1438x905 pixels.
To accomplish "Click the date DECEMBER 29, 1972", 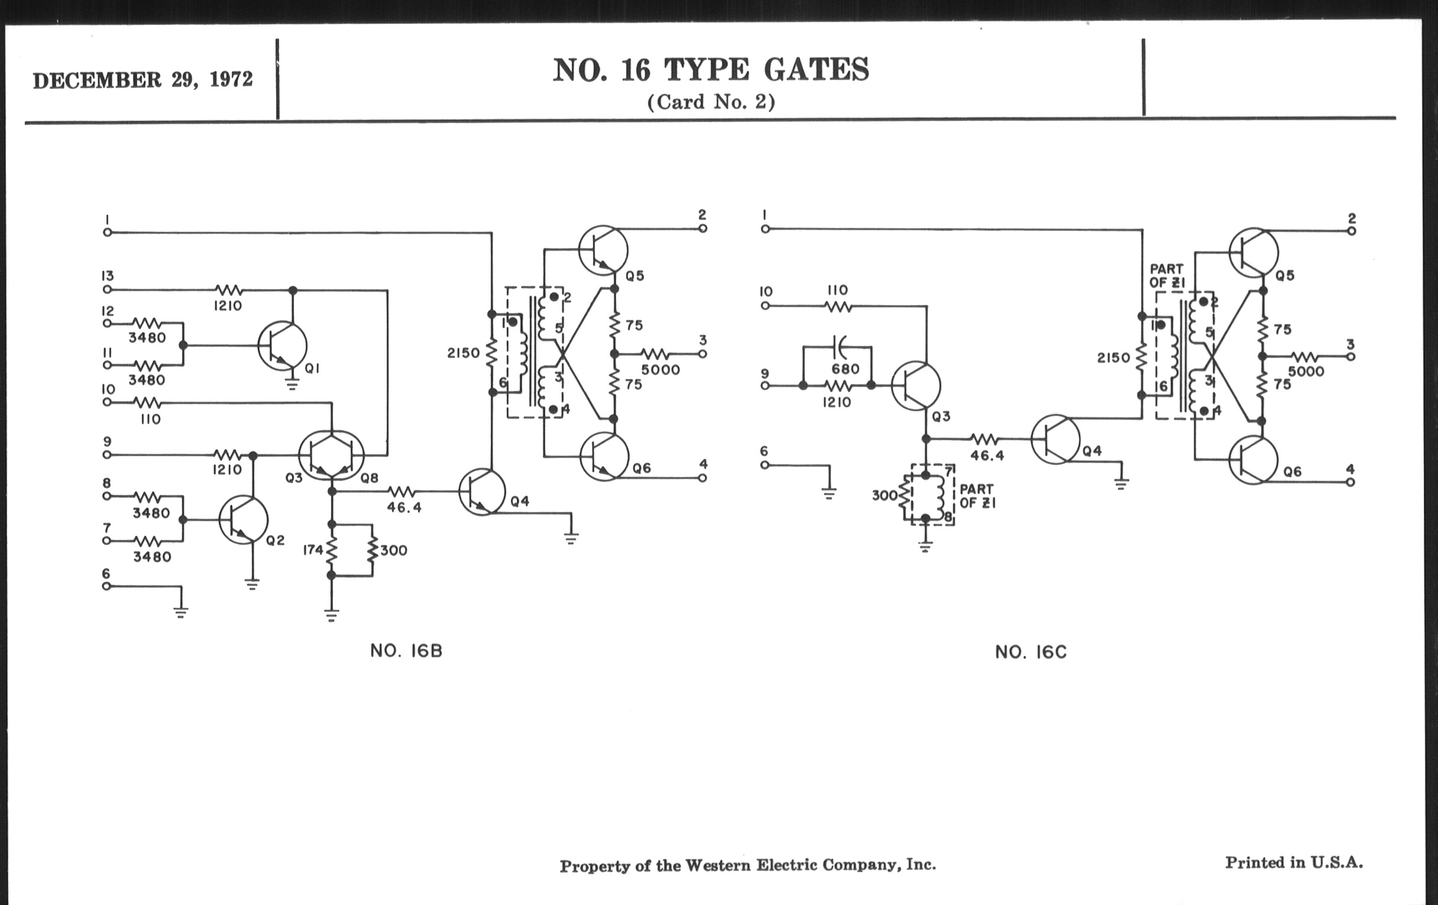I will click(x=142, y=80).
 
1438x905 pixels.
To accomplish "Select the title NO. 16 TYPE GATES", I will click(x=711, y=70).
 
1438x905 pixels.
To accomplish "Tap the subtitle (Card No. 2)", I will click(x=711, y=102).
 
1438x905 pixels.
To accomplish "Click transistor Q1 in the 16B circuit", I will click(x=283, y=346).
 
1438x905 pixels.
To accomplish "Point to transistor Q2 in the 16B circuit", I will click(x=243, y=520).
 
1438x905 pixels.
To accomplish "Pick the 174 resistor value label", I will click(x=313, y=550).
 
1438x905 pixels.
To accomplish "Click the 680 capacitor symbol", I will click(x=841, y=346).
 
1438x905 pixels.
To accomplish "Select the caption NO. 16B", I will click(x=406, y=651).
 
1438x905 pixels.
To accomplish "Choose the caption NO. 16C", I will click(x=1030, y=652).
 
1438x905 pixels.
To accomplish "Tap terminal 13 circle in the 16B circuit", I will click(x=107, y=290).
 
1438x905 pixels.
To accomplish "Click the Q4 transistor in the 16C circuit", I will click(x=1055, y=439).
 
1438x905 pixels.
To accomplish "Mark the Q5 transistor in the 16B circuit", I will click(x=603, y=250).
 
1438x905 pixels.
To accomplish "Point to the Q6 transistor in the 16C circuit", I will click(x=1254, y=460).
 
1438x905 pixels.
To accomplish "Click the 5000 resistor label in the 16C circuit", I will click(x=1306, y=371).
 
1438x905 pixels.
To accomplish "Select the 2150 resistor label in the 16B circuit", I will click(x=464, y=353).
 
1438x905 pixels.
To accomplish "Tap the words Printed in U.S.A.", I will click(x=1294, y=862).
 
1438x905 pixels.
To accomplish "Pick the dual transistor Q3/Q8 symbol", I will click(x=331, y=455).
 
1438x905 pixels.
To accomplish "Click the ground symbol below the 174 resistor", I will click(x=332, y=615).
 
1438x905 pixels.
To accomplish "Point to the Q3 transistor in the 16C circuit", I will click(x=915, y=386).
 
